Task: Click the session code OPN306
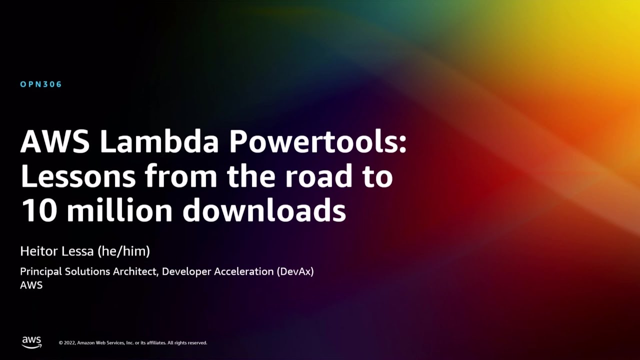(41, 84)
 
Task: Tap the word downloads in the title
(264, 210)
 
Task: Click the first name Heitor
(38, 251)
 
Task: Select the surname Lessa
(78, 251)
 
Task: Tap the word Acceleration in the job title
(243, 272)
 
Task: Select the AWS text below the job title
(31, 285)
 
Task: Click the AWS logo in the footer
(31, 342)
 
